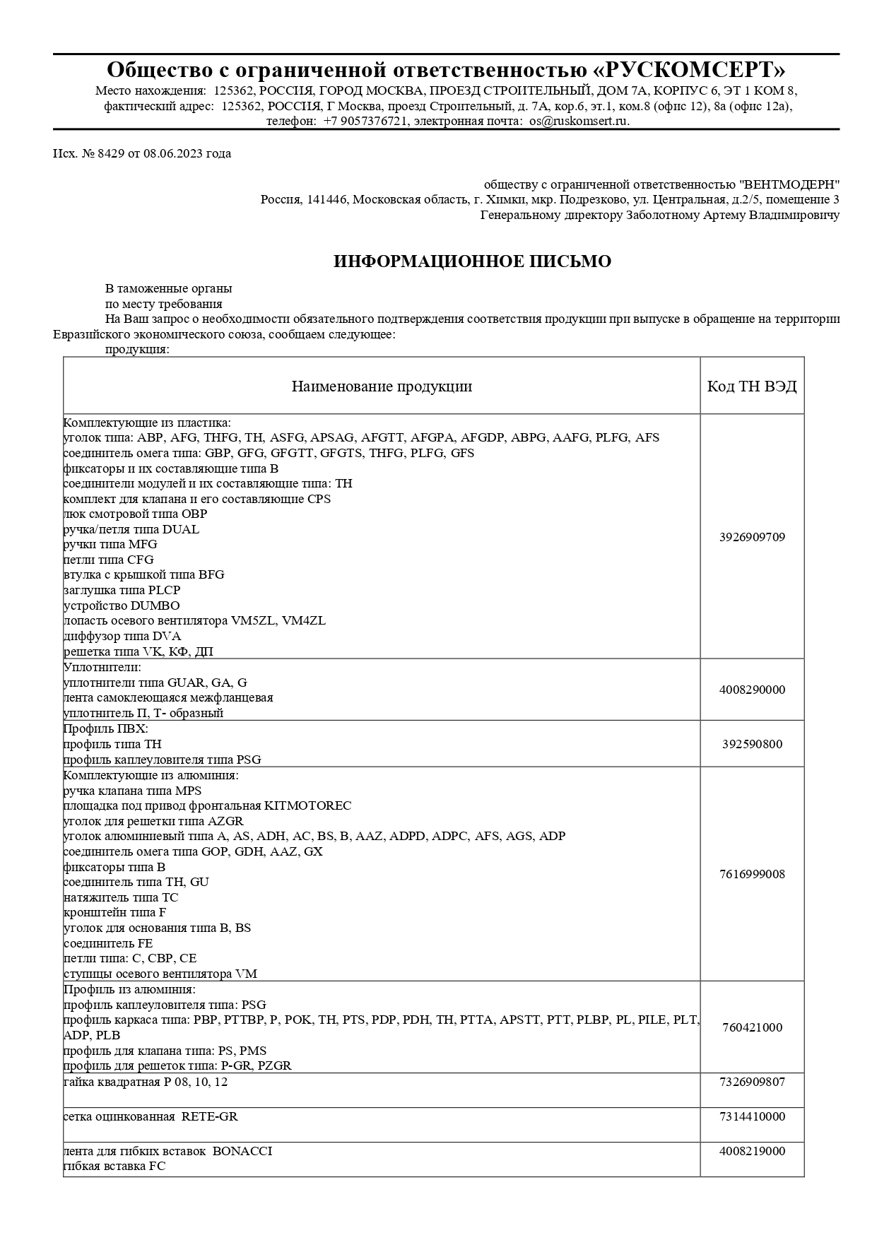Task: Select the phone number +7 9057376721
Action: [366, 121]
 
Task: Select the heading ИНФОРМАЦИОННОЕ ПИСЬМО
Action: [472, 261]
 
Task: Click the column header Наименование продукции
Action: [382, 386]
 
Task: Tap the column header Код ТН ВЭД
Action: [752, 386]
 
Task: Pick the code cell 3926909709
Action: [752, 537]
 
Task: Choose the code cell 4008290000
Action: [752, 690]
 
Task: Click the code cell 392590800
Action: [752, 744]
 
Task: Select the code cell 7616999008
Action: [752, 874]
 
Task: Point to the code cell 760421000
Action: [752, 1027]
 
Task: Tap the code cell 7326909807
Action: [752, 1082]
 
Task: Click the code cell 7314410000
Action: [752, 1116]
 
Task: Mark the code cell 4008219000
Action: [752, 1151]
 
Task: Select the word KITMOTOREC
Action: [307, 805]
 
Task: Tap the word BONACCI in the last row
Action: [242, 1151]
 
